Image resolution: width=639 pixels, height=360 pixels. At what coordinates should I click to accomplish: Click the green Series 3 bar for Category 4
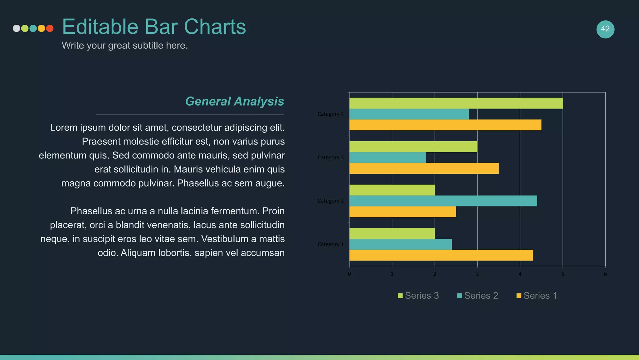pos(456,103)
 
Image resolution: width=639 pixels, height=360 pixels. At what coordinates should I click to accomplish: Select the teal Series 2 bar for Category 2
pos(443,201)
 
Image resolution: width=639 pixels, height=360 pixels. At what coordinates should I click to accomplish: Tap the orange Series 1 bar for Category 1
pos(441,255)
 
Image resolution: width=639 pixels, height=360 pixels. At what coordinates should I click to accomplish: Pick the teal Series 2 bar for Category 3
pos(388,157)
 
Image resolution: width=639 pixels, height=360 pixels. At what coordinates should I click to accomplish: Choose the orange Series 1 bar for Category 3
pos(424,168)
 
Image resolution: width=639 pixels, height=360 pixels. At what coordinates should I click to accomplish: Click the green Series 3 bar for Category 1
pos(392,233)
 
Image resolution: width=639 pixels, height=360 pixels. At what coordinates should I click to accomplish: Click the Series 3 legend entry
pos(418,296)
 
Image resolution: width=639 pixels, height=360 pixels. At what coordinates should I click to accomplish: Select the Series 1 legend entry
pos(537,296)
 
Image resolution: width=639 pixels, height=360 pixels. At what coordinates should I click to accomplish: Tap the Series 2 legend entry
pos(477,296)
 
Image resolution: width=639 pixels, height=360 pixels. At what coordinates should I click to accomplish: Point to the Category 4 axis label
pos(330,114)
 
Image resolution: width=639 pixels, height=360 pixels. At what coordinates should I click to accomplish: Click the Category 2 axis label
pos(330,201)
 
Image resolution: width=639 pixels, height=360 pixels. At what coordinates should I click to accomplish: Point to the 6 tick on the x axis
pos(605,274)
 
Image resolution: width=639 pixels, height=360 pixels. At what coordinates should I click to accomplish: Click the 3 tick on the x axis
pos(477,274)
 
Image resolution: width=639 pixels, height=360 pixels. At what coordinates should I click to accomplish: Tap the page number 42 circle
pos(605,29)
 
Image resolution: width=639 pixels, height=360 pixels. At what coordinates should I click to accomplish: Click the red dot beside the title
pos(50,28)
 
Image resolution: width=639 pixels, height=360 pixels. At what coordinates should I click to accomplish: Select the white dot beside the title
pos(16,28)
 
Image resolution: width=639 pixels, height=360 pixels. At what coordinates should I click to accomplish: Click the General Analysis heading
pos(234,101)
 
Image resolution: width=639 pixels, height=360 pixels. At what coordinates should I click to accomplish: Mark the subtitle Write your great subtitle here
pos(124,46)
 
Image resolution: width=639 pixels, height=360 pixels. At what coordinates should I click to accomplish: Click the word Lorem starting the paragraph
pos(64,128)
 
